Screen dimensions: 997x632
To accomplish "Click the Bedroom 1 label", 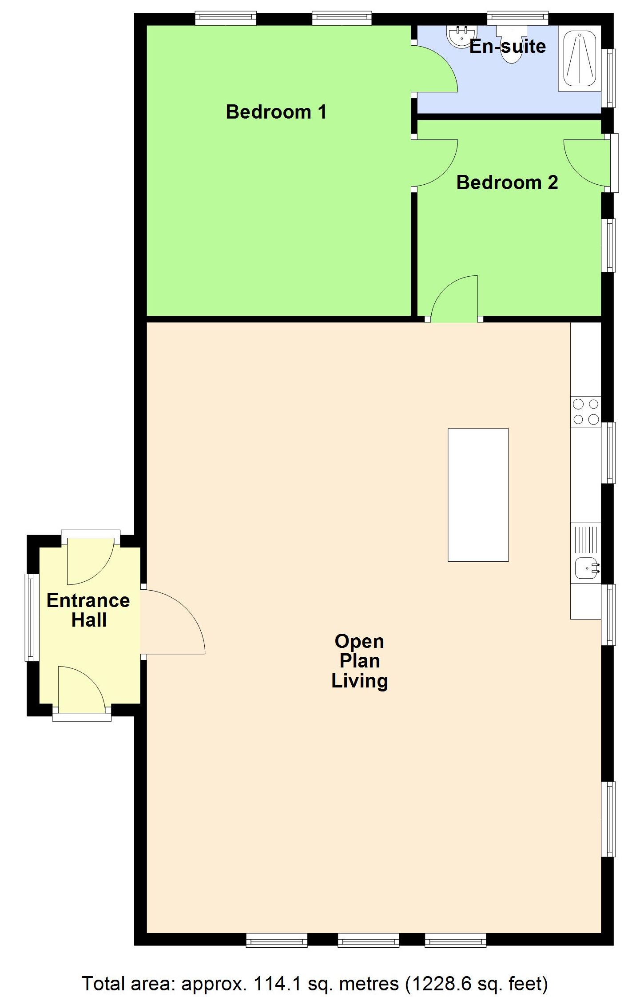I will click(x=276, y=112).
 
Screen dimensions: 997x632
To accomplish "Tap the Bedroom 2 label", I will click(x=507, y=183).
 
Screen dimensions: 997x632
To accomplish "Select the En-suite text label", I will click(x=508, y=46).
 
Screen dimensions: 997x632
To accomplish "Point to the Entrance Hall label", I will click(x=88, y=610).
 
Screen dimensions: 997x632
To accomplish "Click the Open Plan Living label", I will click(x=359, y=661).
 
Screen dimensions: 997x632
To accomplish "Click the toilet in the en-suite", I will click(x=511, y=44).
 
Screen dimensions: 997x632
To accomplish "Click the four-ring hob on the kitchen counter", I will click(x=585, y=412).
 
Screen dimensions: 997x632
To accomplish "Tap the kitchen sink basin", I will click(x=586, y=568).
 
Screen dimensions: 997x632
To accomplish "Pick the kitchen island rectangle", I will click(x=478, y=495).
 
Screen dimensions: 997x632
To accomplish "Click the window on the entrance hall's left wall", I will click(x=30, y=617).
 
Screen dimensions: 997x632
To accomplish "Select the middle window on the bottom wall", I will click(x=368, y=940).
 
